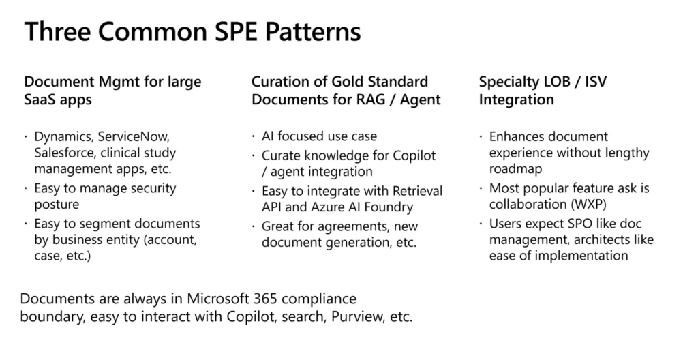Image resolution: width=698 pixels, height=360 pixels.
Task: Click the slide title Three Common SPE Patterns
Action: pos(192,31)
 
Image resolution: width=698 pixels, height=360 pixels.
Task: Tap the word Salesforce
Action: pos(65,153)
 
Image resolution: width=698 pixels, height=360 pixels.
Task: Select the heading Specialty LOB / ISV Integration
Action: pos(543,91)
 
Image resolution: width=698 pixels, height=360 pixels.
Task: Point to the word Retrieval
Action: pos(417,191)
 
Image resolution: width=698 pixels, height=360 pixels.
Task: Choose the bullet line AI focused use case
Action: pos(319,136)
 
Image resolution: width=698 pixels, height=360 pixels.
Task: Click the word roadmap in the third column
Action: pos(515,169)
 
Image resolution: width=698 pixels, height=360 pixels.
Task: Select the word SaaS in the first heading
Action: pos(39,100)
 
